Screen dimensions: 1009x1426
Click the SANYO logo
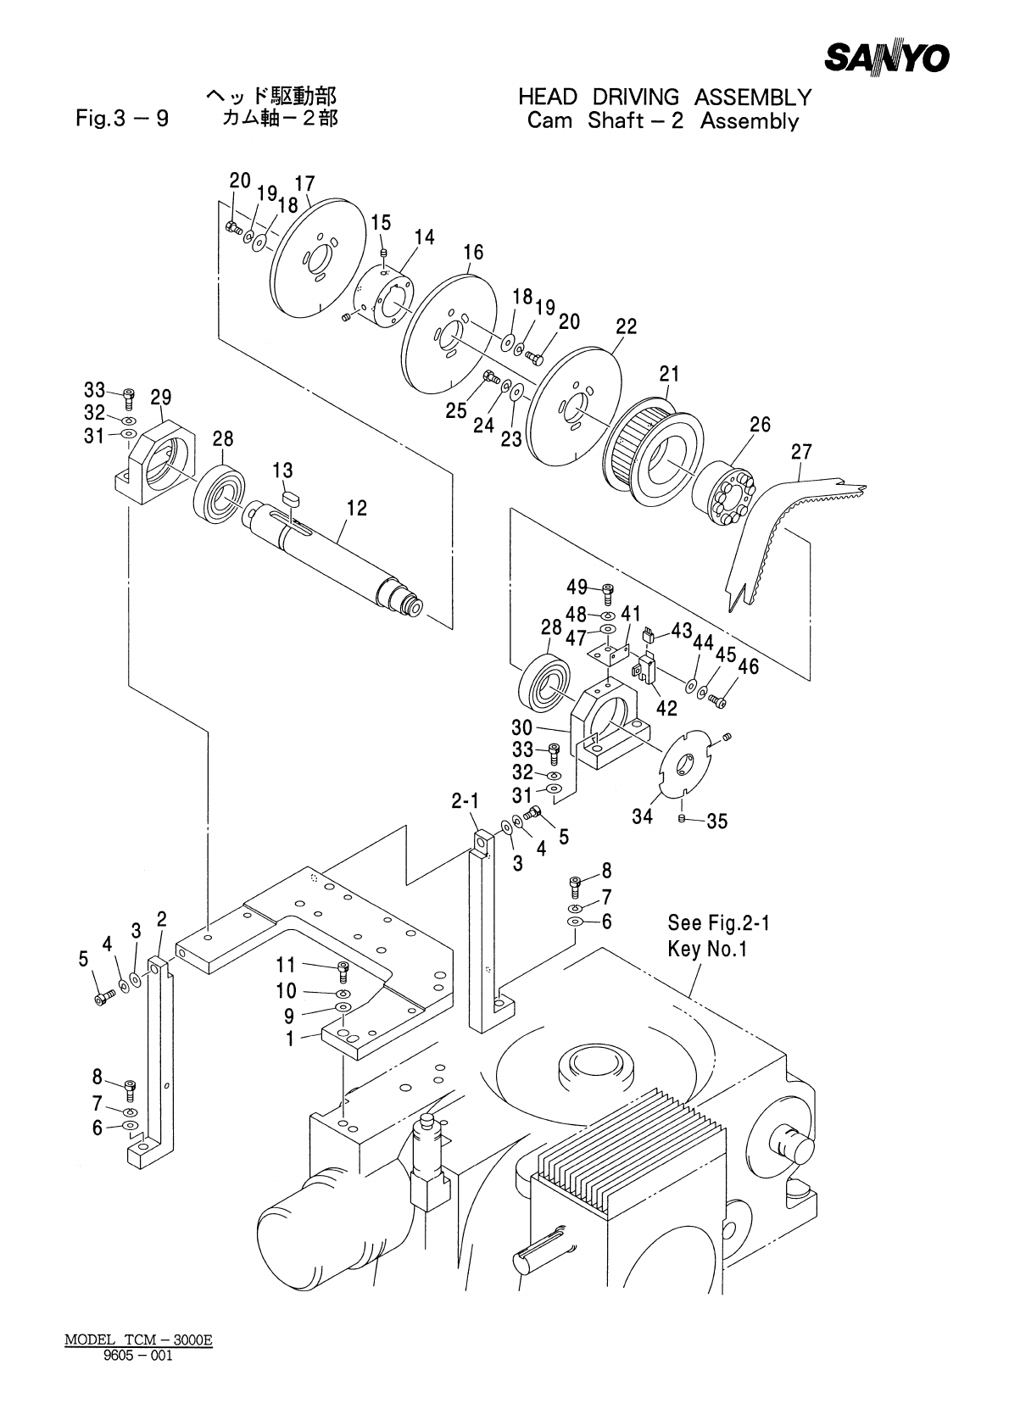click(x=887, y=58)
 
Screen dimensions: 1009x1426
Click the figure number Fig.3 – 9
click(x=122, y=119)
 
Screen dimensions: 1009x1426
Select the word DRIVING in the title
click(x=635, y=97)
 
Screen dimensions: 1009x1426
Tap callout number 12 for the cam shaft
click(x=357, y=508)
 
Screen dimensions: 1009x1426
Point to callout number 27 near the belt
click(x=801, y=451)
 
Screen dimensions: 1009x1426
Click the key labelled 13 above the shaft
click(x=290, y=497)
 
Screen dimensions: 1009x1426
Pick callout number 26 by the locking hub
click(x=760, y=425)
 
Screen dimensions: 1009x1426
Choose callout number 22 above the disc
click(x=627, y=326)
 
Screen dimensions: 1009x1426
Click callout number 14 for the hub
click(x=425, y=237)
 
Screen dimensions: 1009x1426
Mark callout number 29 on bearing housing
click(x=161, y=398)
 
